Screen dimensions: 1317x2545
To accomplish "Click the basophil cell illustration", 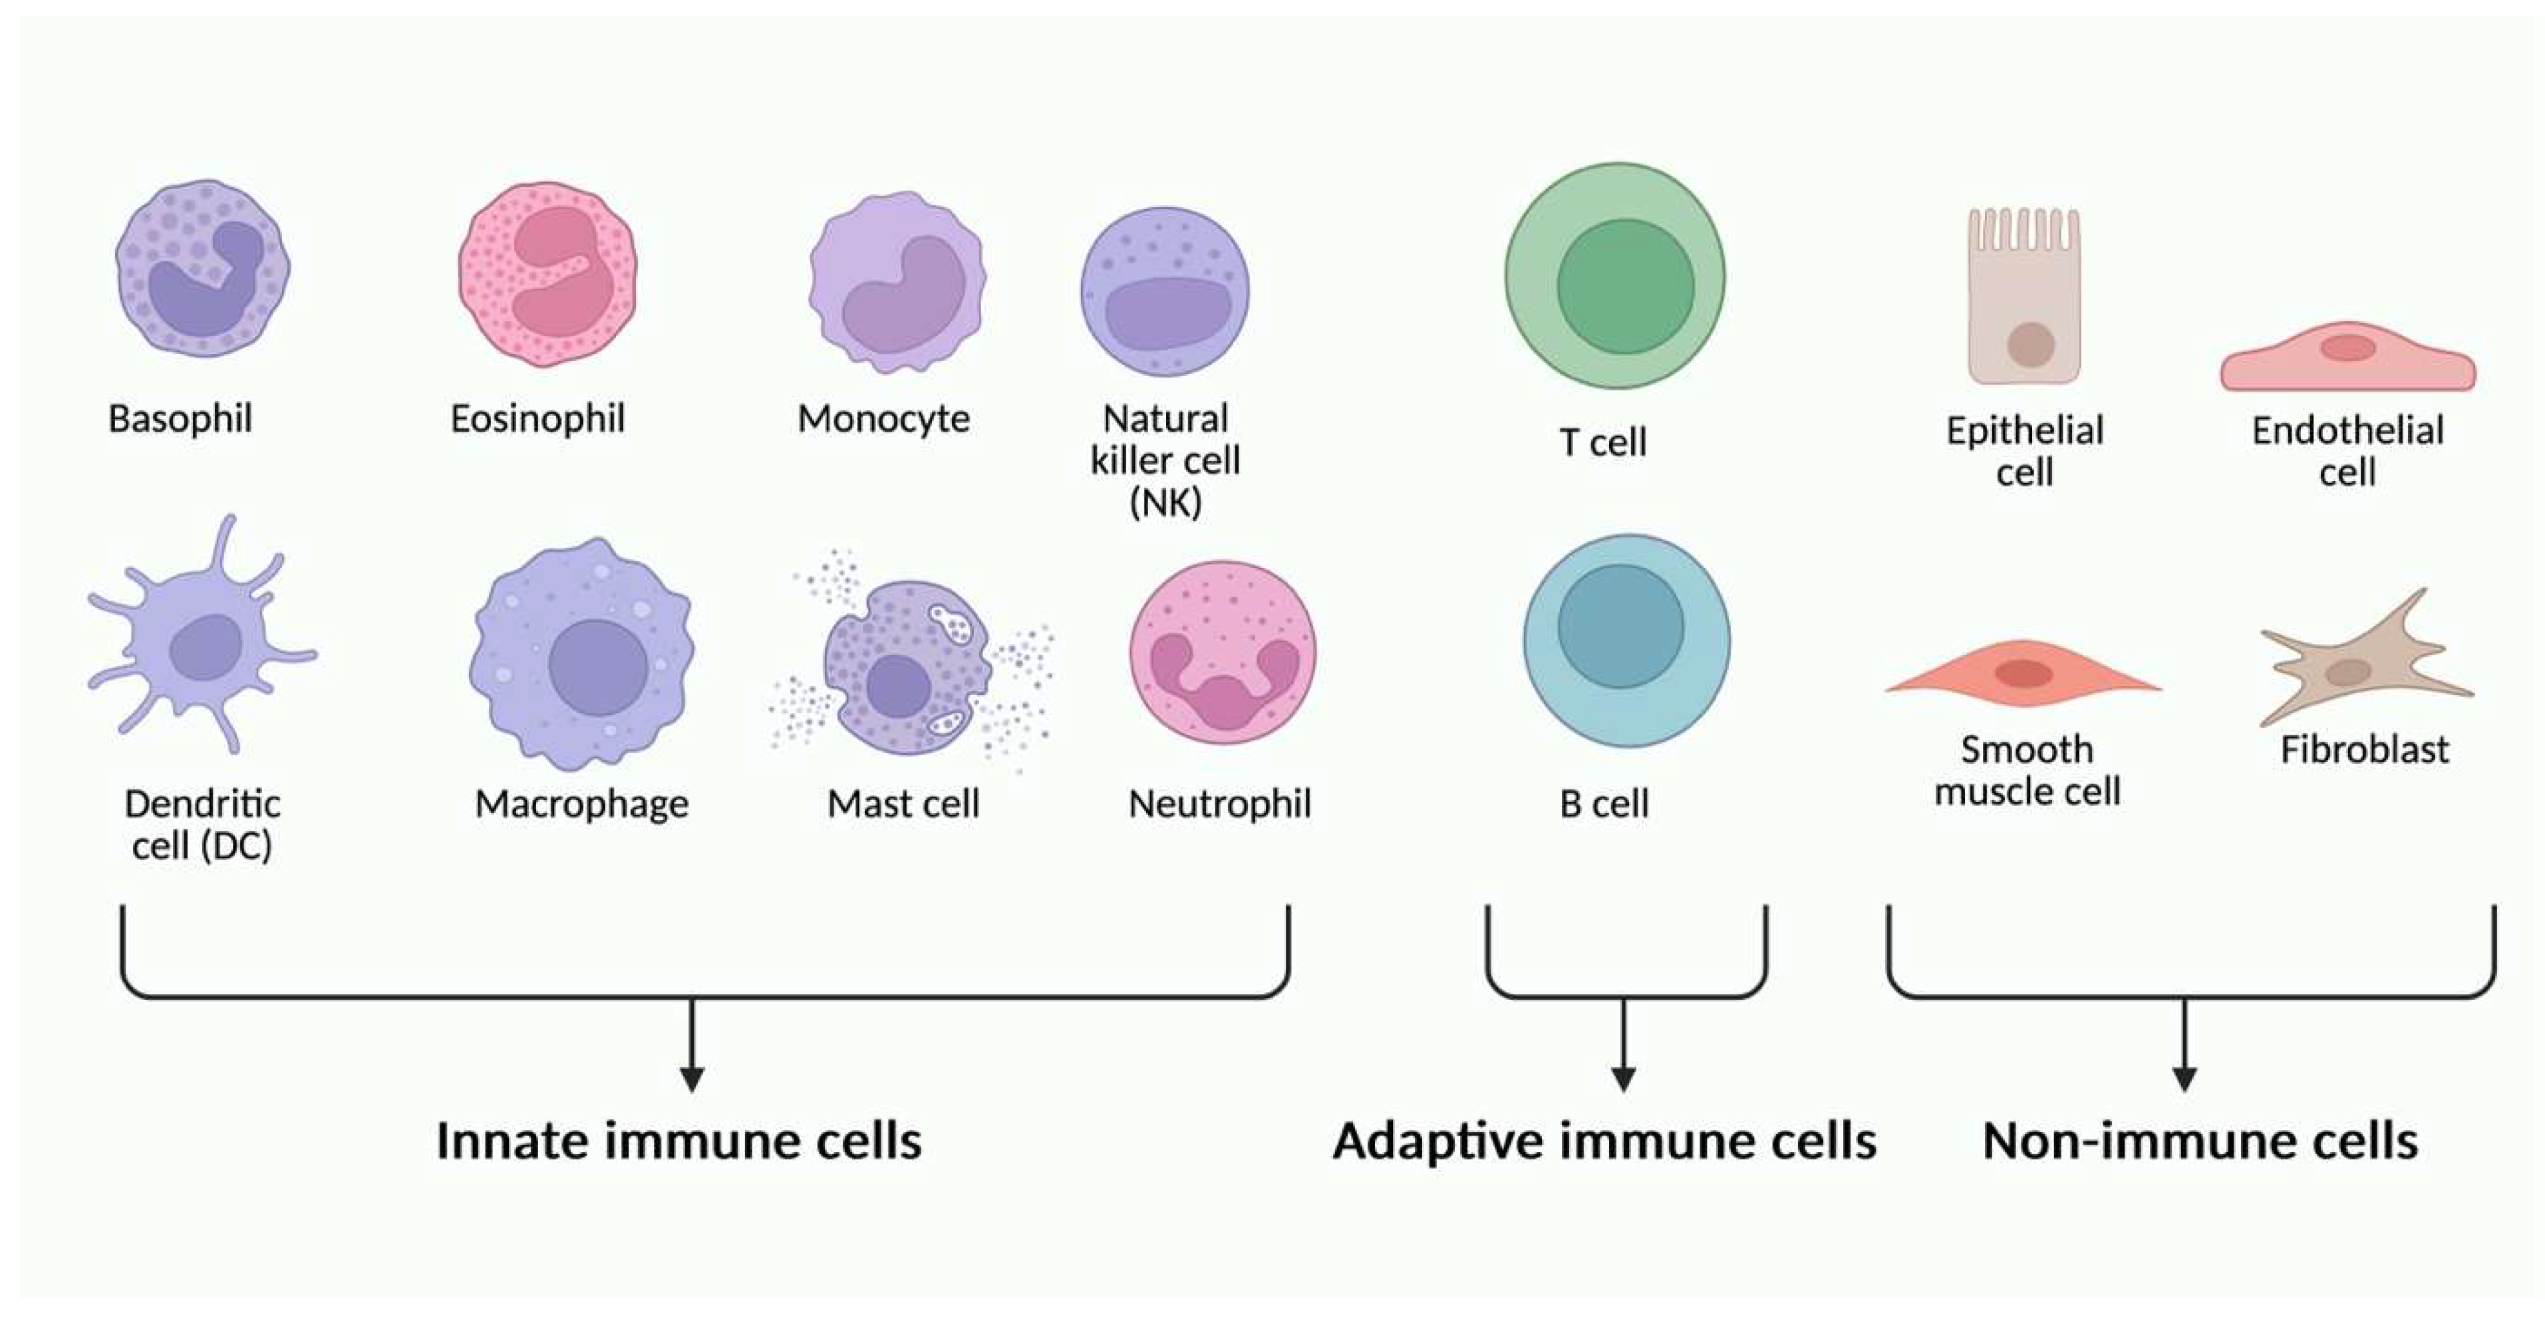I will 202,268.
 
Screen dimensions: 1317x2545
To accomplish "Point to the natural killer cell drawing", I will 1165,291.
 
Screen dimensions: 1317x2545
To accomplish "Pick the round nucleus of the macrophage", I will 598,667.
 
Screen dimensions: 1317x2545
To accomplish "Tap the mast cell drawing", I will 907,668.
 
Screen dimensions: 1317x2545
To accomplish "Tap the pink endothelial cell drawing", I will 2347,358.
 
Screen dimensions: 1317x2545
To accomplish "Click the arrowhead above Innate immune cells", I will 692,1078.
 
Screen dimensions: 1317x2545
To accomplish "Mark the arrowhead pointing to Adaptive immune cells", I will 1623,1078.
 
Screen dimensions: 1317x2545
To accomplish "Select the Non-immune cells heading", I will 2200,1141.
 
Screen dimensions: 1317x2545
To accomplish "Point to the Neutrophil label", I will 1219,804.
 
